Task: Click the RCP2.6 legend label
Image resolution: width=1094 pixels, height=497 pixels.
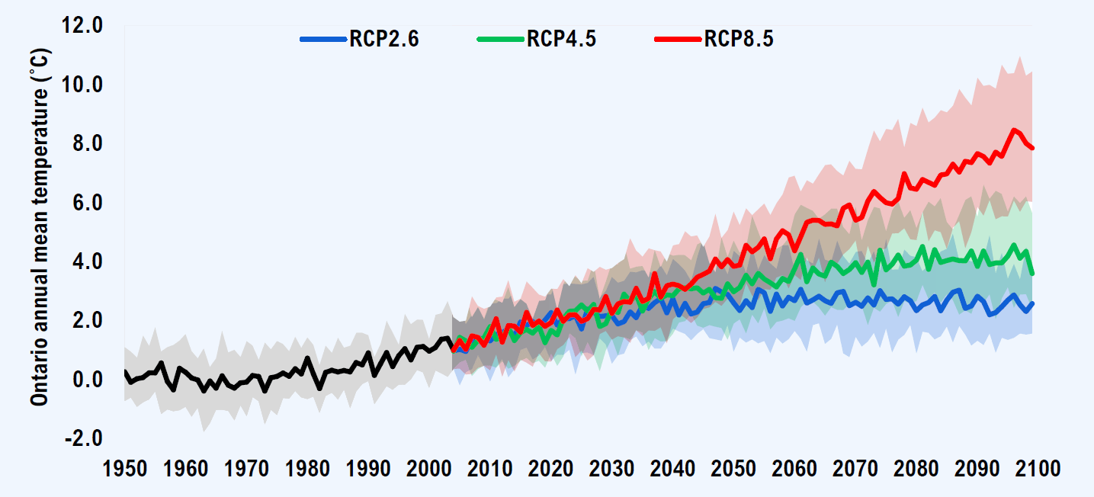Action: [x=383, y=40]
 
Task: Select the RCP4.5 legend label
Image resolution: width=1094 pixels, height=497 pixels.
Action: [x=560, y=40]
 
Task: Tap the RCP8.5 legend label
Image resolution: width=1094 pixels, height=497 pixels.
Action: [x=738, y=40]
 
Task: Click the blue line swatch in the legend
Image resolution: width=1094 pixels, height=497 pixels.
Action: [x=323, y=39]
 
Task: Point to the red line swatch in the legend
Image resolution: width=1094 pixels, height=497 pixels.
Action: [x=678, y=39]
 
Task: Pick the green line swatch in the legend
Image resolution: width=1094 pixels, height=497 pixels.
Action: [x=500, y=39]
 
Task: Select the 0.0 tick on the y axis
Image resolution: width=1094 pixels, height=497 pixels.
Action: [x=86, y=380]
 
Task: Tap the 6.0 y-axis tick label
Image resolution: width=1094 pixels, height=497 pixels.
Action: [x=86, y=203]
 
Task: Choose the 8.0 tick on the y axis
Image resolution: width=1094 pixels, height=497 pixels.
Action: [x=86, y=144]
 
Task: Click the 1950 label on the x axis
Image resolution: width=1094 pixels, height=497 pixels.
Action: [x=124, y=469]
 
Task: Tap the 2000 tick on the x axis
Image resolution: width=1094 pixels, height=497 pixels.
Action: [x=428, y=469]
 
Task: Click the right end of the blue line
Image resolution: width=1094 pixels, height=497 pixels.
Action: [x=1032, y=303]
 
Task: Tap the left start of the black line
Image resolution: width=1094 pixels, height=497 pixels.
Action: [x=125, y=371]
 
